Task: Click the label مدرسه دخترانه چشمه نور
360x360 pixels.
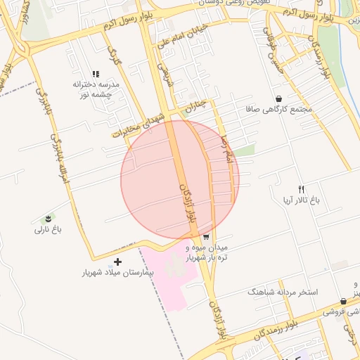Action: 96,89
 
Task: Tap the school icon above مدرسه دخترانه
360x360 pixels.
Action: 96,74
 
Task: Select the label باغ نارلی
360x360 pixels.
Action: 49,229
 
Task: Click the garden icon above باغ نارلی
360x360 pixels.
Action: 49,218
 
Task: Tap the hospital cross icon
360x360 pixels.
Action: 117,262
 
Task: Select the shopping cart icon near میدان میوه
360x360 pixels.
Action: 205,237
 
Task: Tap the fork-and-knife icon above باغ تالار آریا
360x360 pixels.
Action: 301,188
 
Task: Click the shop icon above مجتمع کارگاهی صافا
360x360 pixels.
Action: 280,99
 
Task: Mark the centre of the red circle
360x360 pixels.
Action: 180,180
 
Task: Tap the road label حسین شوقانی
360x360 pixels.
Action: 274,46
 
